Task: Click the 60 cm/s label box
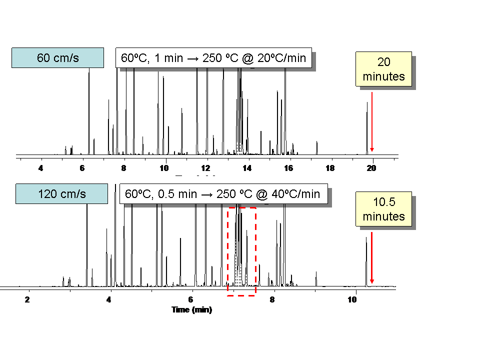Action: pos(57,57)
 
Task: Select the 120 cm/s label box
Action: pos(61,193)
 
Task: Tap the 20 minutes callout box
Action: pos(383,69)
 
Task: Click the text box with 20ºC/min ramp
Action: pos(213,58)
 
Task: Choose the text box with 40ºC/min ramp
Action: pos(223,193)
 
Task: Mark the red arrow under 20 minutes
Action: pos(371,122)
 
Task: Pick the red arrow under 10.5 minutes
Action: pos(371,257)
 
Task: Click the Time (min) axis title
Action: pos(191,310)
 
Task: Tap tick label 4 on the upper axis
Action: pos(41,168)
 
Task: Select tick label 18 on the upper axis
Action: pos(330,168)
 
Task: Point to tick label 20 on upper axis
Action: pos(371,168)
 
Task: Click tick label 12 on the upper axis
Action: pos(205,168)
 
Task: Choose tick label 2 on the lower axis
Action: pos(27,300)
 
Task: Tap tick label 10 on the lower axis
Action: pos(353,300)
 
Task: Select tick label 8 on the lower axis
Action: pos(272,300)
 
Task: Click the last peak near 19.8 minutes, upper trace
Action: pos(367,127)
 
